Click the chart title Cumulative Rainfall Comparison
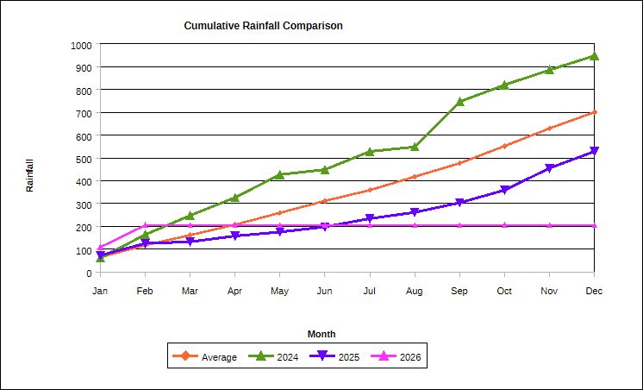coord(263,26)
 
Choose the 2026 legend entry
coord(408,357)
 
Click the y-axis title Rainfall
coord(29,175)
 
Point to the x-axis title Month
coord(321,334)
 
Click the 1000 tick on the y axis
coord(82,44)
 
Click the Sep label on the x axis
coord(459,291)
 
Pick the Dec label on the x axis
coord(594,291)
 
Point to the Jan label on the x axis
coord(101,291)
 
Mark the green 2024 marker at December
coord(594,56)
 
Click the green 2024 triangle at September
coord(459,102)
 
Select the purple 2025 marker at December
coord(594,151)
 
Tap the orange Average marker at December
coord(594,112)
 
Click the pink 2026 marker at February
coord(146,226)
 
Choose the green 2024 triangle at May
coord(280,175)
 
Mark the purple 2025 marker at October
coord(504,190)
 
